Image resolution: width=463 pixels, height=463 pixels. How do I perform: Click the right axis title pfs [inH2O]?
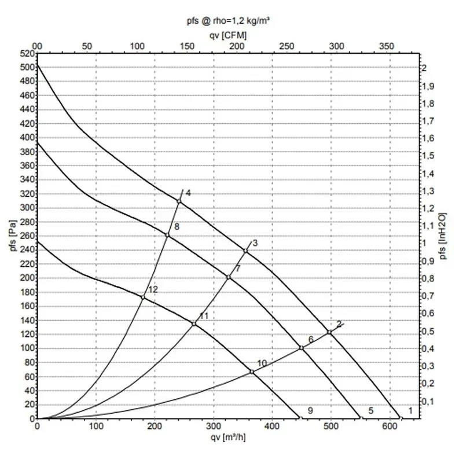click(x=444, y=236)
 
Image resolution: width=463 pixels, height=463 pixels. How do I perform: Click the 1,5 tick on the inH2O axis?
click(x=427, y=156)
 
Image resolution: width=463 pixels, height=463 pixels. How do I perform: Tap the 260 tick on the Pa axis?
click(x=27, y=236)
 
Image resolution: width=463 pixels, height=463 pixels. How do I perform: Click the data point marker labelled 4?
click(x=179, y=201)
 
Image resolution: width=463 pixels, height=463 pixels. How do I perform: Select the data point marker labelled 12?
click(x=143, y=297)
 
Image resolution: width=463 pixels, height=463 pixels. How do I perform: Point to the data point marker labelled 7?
click(x=229, y=277)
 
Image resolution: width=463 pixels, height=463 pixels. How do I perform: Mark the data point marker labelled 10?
click(x=252, y=372)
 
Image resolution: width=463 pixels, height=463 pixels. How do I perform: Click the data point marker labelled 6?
click(x=302, y=348)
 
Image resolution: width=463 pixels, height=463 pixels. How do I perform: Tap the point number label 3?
click(x=255, y=243)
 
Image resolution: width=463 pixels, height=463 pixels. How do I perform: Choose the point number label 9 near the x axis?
click(x=310, y=411)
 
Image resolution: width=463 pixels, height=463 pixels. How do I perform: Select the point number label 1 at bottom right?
click(x=410, y=411)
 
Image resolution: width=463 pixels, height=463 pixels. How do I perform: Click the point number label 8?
click(x=177, y=227)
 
